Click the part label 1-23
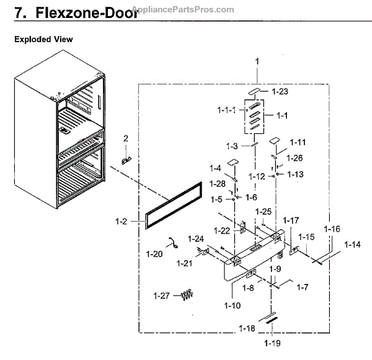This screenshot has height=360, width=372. point(280,92)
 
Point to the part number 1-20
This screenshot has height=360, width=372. point(155,253)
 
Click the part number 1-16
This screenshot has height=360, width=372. point(332,229)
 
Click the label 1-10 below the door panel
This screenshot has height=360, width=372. point(233,305)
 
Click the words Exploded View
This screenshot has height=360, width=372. point(43,39)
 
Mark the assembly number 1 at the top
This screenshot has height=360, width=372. point(257,61)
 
